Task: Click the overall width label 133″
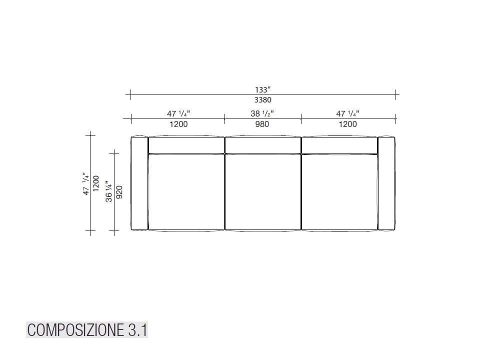(x=262, y=90)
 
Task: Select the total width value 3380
(x=262, y=100)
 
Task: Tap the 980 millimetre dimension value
(x=262, y=124)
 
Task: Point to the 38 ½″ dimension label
(x=262, y=114)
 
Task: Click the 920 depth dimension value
(x=119, y=190)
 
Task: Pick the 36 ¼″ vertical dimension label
(x=109, y=190)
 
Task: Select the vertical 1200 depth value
(x=96, y=184)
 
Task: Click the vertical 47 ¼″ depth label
(x=86, y=184)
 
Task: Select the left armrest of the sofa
(x=139, y=183)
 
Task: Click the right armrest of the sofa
(x=386, y=183)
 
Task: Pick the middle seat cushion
(x=262, y=192)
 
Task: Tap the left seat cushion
(x=186, y=192)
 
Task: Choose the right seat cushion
(x=339, y=192)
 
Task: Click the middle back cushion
(x=262, y=145)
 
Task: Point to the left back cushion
(x=186, y=145)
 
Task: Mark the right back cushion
(x=339, y=145)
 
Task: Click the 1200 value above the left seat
(x=178, y=124)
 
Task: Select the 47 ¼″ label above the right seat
(x=347, y=114)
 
